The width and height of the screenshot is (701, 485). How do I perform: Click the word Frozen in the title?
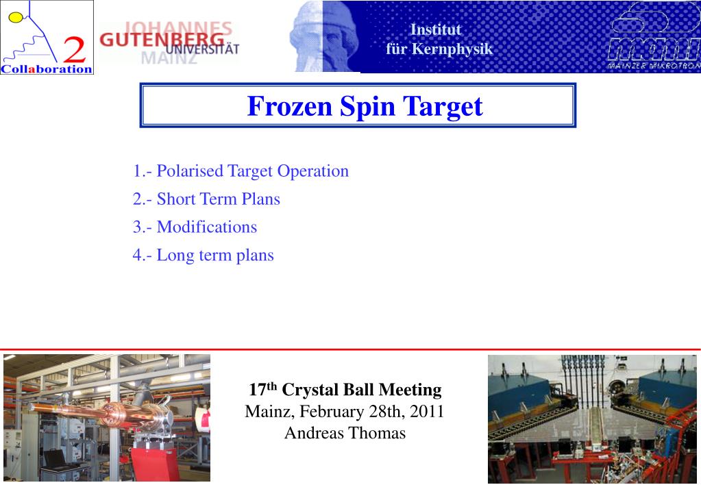pos(289,106)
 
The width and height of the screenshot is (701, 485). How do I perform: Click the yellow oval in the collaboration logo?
pos(15,17)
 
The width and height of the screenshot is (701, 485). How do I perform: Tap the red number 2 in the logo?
pos(74,49)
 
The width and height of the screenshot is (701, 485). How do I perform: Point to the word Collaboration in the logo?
pos(47,69)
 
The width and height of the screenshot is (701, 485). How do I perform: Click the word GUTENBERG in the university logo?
pos(162,39)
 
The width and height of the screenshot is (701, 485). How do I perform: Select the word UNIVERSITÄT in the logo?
pos(202,49)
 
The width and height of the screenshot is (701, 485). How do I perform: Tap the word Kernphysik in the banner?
pos(452,49)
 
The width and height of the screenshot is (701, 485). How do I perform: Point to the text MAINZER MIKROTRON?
pos(654,66)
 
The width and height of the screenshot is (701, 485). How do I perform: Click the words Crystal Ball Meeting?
pos(362,390)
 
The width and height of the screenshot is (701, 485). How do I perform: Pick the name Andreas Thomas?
pos(345,433)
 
